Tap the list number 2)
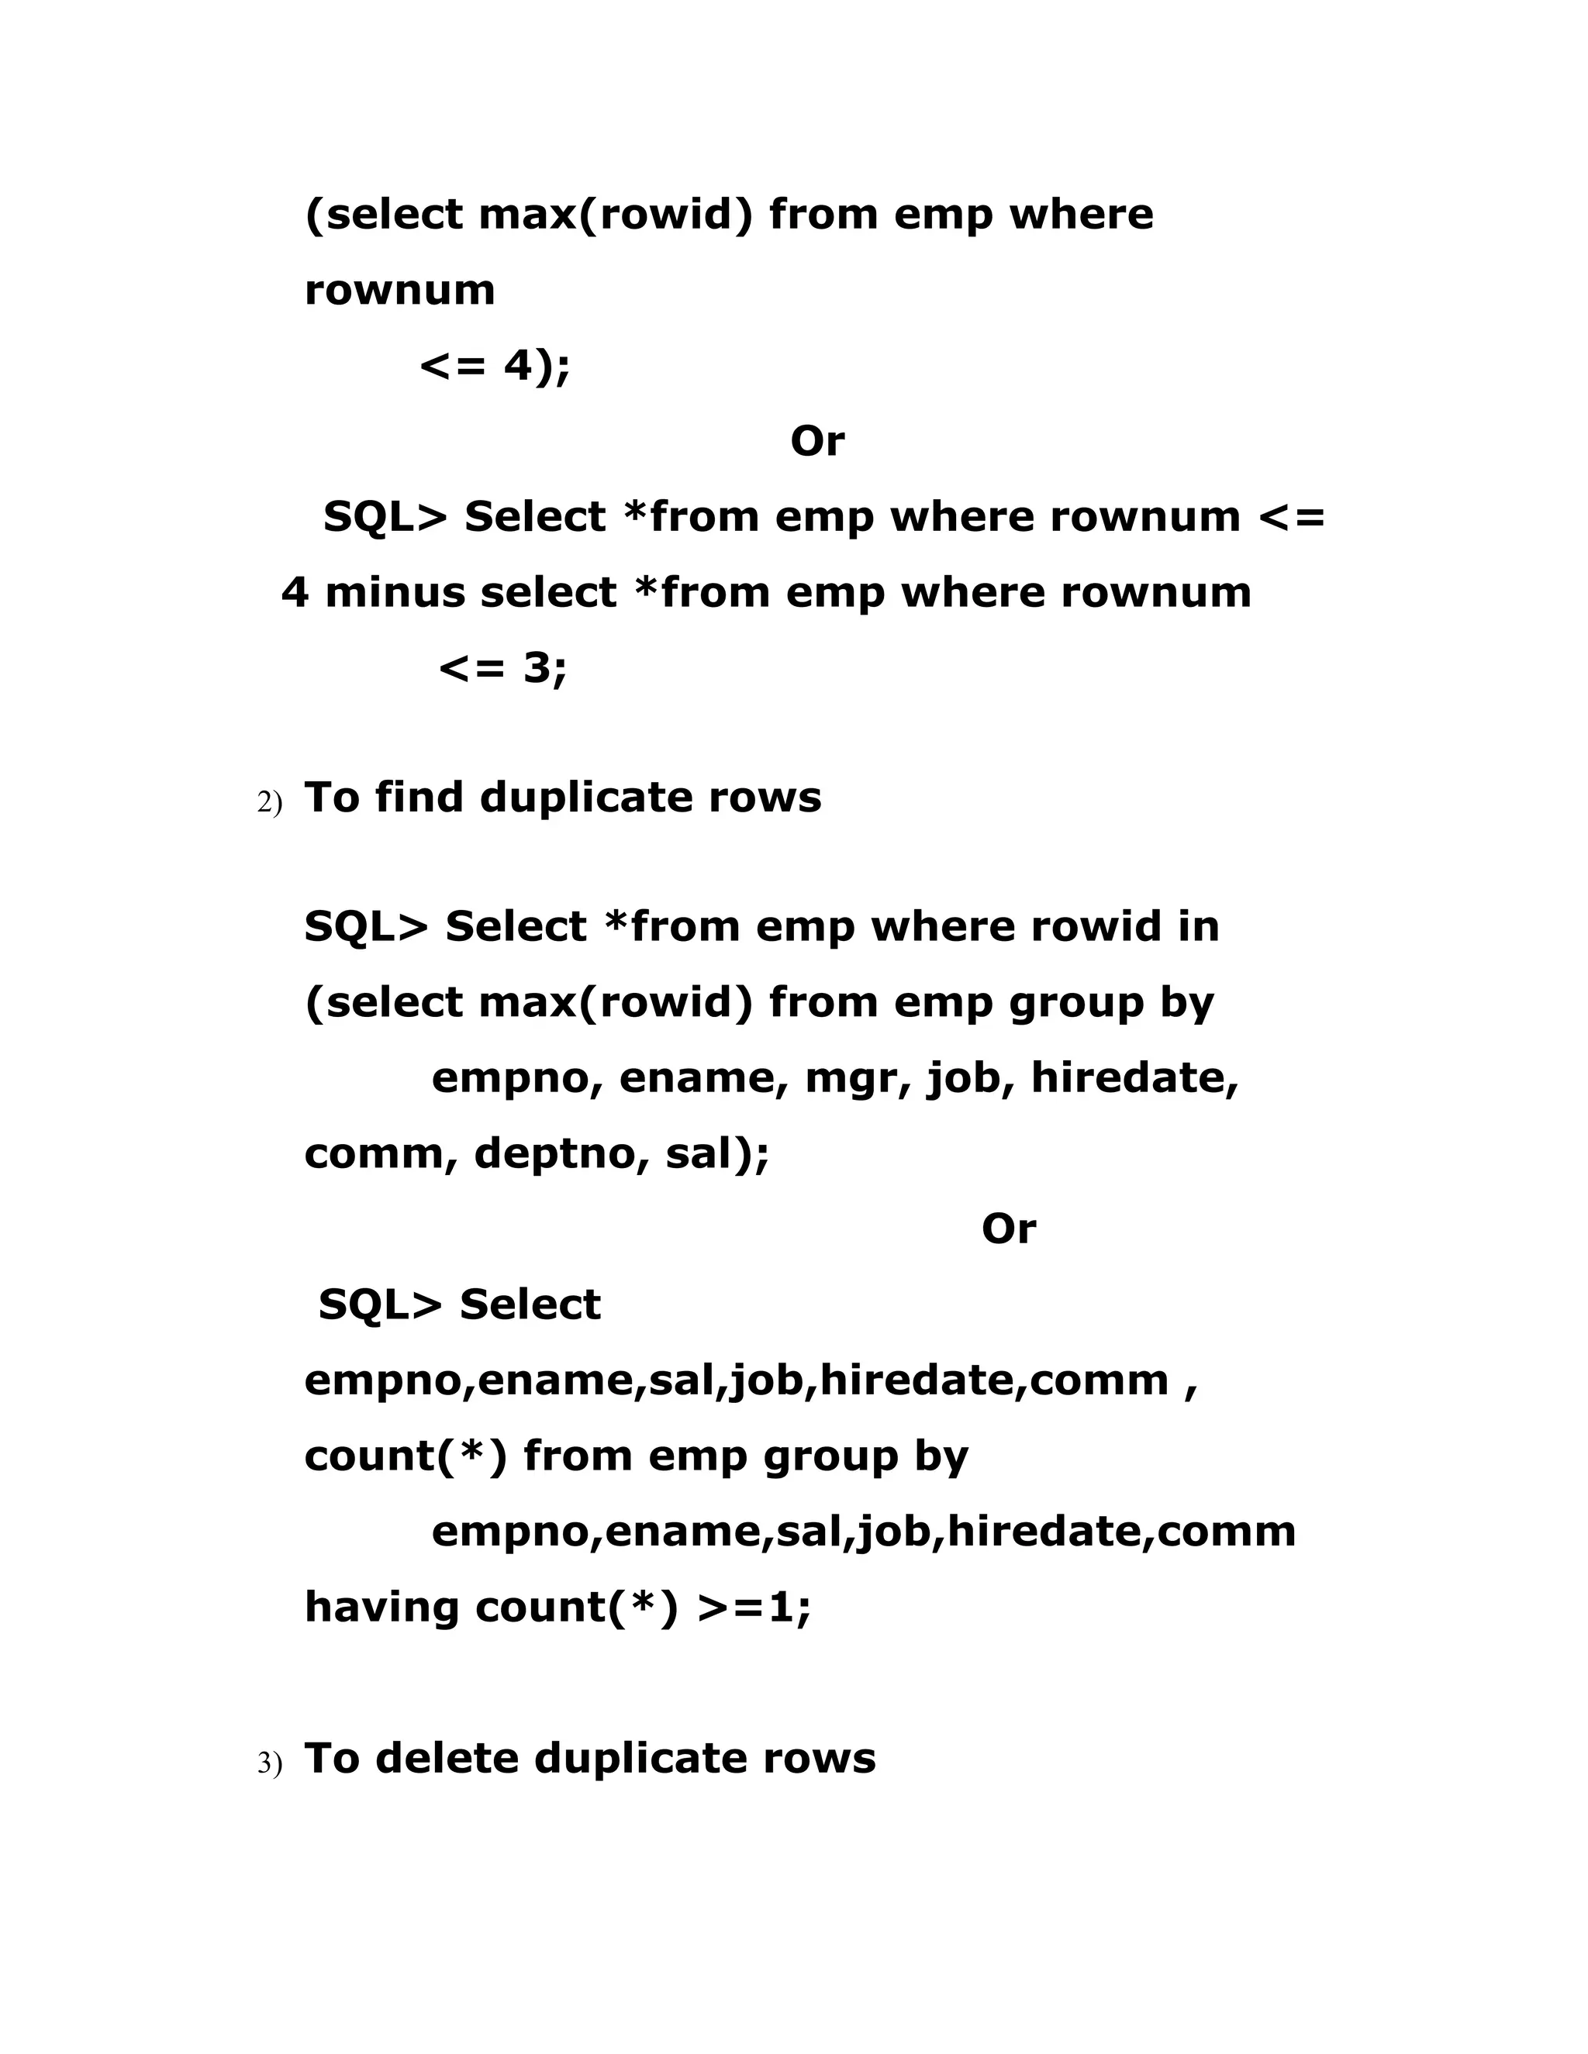click(x=269, y=803)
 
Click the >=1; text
click(x=754, y=1608)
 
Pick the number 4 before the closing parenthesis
click(x=519, y=366)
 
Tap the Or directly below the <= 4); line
click(x=816, y=441)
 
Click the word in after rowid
click(x=1199, y=927)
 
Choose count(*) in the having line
click(x=576, y=1608)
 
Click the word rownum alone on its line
click(x=399, y=291)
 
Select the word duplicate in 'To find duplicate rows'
click(x=585, y=798)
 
